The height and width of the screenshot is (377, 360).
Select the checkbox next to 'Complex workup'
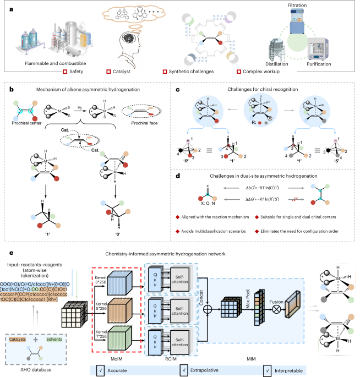[x=238, y=72]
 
